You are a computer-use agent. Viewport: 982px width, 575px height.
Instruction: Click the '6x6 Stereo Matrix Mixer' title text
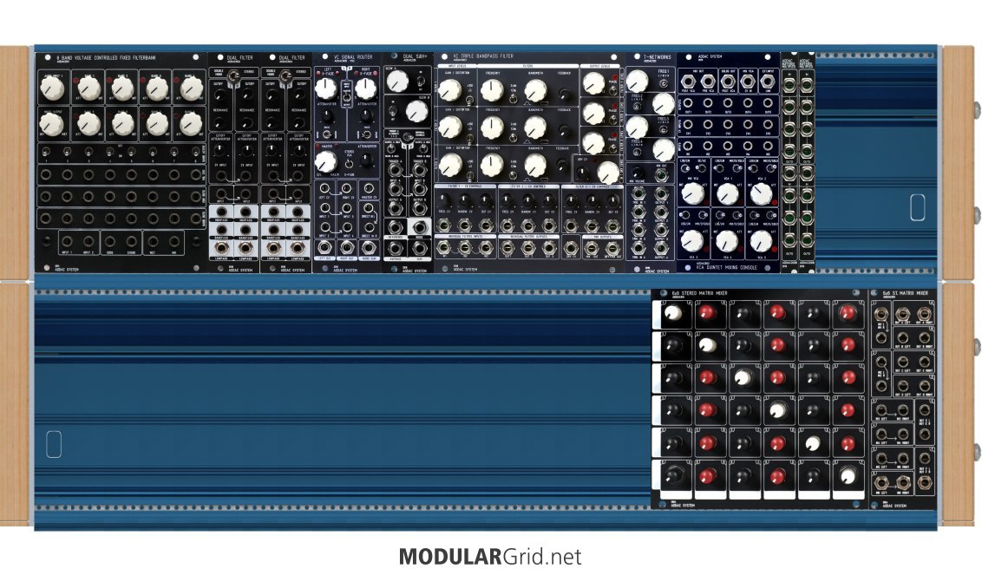(x=694, y=294)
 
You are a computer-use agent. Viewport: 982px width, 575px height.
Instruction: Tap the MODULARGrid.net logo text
(x=490, y=556)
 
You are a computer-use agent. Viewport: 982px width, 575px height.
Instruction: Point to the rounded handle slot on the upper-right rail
(x=917, y=206)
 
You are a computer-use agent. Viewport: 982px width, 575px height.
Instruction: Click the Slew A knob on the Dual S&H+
(x=397, y=82)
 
